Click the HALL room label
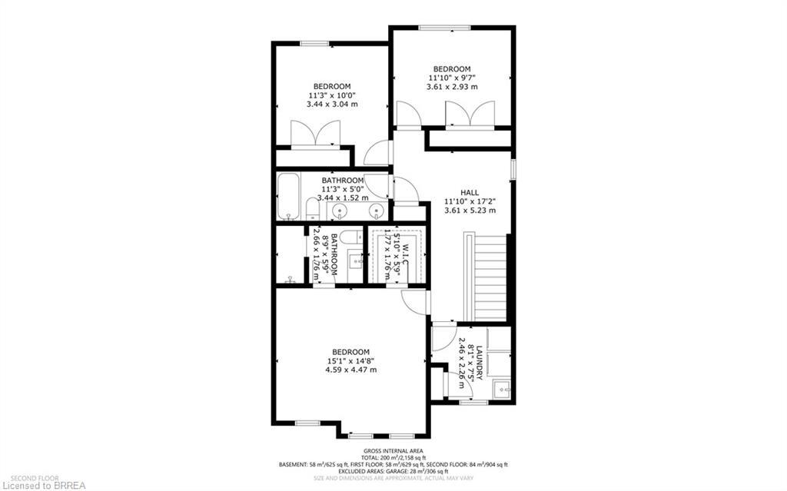pos(470,193)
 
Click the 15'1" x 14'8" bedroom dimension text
pos(350,360)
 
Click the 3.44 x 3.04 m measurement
pos(332,104)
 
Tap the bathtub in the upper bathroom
pos(290,197)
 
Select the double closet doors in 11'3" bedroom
pos(314,134)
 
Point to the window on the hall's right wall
pos(513,168)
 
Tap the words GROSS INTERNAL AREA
pos(393,451)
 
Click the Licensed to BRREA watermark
pos(44,485)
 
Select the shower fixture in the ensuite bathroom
pos(290,280)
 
